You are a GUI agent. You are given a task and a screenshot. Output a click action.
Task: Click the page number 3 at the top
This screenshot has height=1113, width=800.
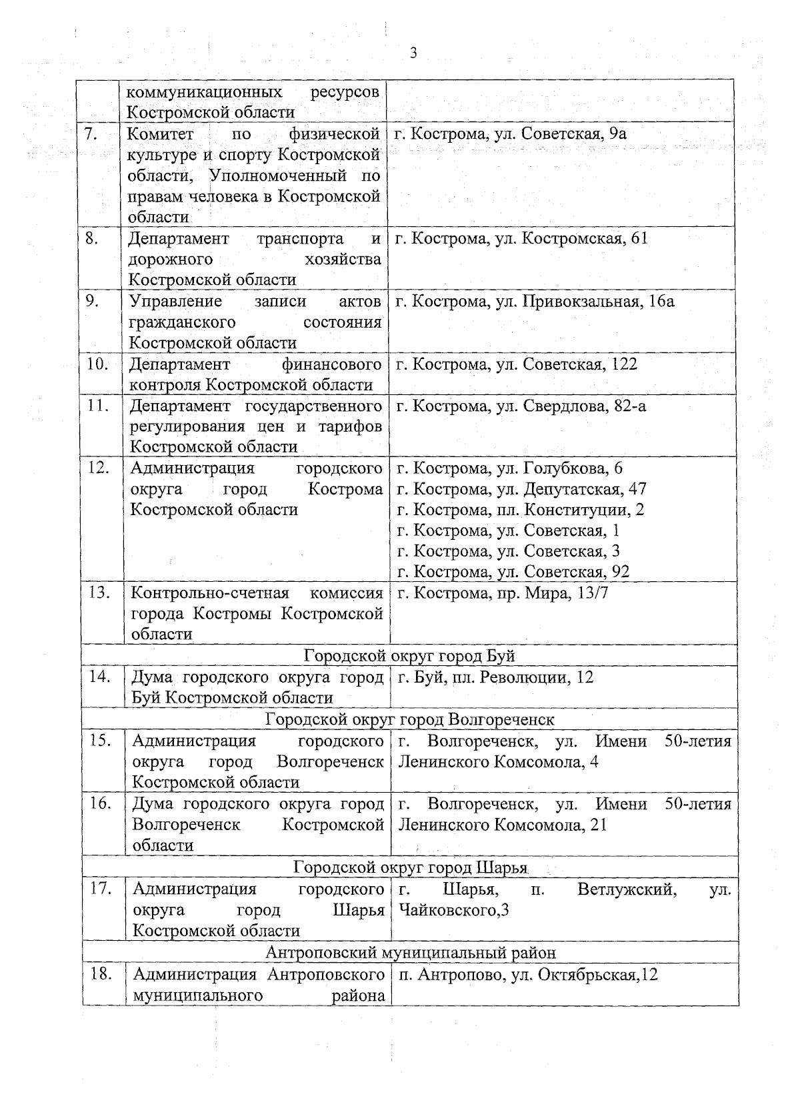[413, 53]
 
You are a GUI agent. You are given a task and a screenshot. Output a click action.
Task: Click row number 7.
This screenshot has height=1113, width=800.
[92, 134]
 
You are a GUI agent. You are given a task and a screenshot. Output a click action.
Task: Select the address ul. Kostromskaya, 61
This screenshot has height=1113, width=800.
[521, 238]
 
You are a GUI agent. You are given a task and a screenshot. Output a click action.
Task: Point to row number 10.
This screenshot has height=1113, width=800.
[98, 364]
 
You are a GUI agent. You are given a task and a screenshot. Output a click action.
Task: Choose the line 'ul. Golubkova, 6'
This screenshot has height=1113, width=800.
[509, 468]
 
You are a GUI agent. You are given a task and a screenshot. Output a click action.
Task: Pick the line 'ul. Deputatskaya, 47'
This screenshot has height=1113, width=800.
[521, 489]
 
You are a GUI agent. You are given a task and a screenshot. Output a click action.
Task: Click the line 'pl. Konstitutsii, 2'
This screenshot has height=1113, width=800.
[520, 510]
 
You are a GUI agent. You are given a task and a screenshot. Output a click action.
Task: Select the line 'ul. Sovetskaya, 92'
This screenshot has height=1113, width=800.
[513, 572]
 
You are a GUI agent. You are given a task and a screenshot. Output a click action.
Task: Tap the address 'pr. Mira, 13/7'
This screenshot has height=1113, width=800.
[502, 593]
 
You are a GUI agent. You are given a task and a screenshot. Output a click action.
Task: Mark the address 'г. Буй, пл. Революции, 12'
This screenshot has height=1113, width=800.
[495, 678]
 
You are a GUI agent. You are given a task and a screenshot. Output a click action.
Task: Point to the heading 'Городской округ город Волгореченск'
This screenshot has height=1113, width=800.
[409, 719]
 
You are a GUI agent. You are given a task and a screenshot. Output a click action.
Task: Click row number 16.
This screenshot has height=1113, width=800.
[100, 803]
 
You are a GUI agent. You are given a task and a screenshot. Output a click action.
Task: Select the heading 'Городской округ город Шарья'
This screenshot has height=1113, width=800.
[410, 867]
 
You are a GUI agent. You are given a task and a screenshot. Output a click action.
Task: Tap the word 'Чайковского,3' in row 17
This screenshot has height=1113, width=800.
[453, 910]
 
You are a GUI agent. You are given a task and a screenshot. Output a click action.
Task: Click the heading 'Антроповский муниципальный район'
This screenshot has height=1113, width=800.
[410, 952]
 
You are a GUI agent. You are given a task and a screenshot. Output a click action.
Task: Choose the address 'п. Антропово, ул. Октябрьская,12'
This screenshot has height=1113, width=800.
[527, 974]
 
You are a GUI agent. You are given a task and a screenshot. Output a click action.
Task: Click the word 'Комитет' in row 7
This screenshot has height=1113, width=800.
[161, 134]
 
